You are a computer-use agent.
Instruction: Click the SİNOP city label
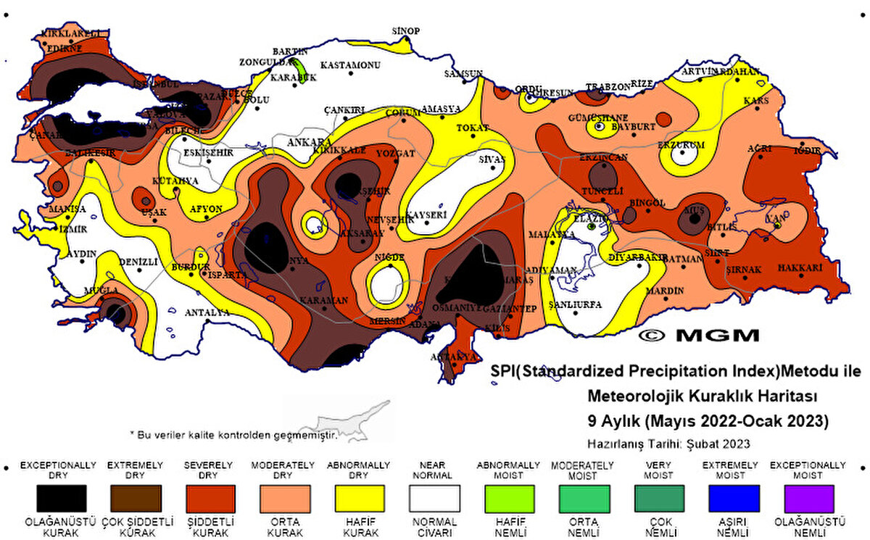tap(406, 30)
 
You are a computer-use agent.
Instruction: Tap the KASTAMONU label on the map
tap(350, 65)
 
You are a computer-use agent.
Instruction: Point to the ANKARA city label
tap(309, 142)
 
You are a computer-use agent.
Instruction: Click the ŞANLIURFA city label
tap(576, 304)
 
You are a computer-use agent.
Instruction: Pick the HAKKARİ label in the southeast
tap(800, 267)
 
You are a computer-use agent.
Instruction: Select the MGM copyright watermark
tap(699, 335)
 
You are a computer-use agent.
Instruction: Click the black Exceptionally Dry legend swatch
tap(62, 498)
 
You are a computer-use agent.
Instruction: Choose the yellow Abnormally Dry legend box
tap(360, 498)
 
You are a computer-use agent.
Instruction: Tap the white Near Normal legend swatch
tap(434, 498)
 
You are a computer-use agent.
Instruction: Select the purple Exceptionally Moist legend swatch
tap(808, 498)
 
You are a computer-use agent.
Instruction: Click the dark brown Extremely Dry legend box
tap(136, 498)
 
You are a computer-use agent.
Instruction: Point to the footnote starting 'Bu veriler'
tap(233, 434)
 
